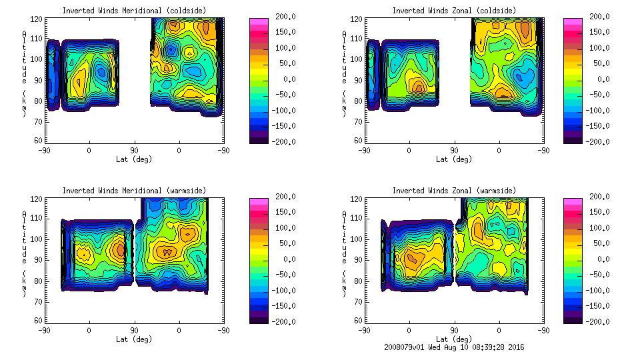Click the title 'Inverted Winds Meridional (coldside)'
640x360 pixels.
tap(134, 11)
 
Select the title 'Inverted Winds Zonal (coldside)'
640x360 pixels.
tap(454, 11)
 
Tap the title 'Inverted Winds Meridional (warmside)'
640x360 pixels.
tap(134, 191)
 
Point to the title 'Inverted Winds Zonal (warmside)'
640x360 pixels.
tap(454, 191)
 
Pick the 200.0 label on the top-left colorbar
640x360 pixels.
tap(282, 17)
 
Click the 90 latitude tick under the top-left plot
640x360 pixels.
tap(134, 151)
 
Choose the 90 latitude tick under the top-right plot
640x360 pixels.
tap(454, 151)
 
